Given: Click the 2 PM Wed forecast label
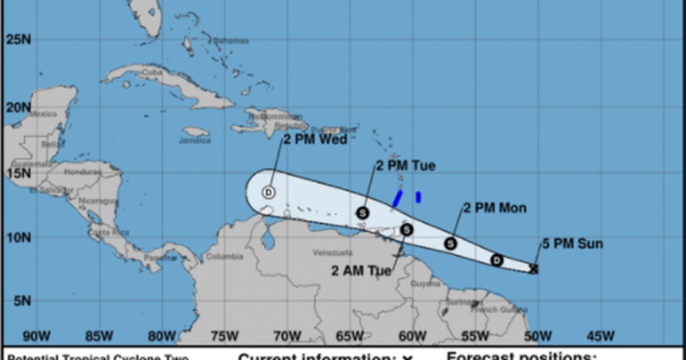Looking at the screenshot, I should pos(315,139).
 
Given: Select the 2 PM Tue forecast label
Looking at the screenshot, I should pos(405,166).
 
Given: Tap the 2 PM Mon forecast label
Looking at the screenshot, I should pos(494,208).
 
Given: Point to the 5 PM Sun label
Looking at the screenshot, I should pos(572,245).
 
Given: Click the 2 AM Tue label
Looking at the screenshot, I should pos(362,270).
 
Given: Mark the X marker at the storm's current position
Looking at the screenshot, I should pos(534,269).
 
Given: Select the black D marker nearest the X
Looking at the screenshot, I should pos(497,261).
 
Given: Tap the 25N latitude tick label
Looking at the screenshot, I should pos(19,39).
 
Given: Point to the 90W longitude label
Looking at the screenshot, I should pos(36,335).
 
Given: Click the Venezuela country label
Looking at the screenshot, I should pos(332,253).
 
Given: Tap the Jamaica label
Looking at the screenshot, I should pos(194,141).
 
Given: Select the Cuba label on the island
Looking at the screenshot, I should pos(152,72).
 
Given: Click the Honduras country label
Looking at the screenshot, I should pos(78,172).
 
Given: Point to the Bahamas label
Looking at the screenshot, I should pos(232,41).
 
